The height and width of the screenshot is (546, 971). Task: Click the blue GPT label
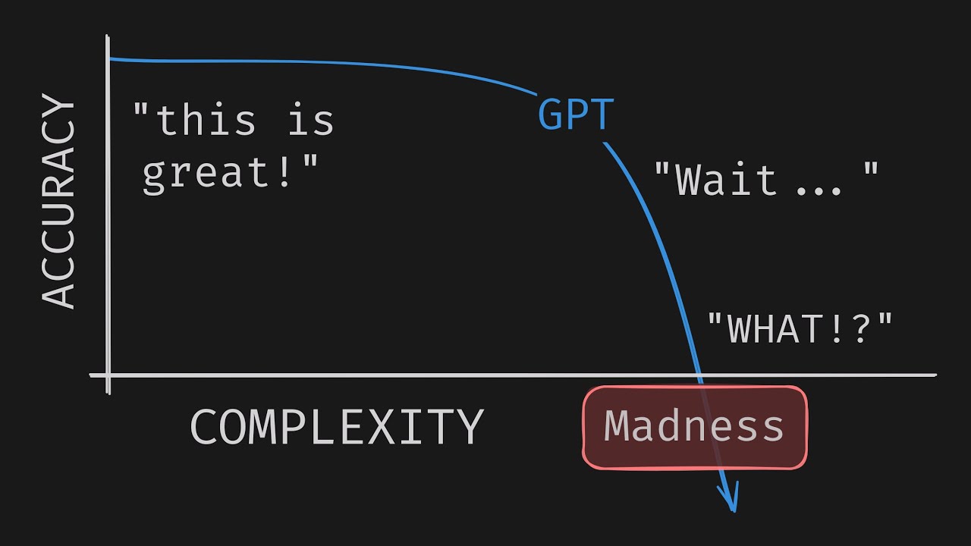[x=576, y=114]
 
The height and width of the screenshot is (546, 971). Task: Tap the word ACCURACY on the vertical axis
[x=58, y=201]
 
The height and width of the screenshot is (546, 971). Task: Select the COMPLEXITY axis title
[x=337, y=427]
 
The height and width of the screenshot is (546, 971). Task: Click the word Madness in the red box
[x=694, y=426]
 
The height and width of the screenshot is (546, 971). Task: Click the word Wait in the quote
[x=726, y=180]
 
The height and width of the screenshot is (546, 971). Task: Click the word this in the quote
[x=206, y=119]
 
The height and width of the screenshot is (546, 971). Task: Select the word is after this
[x=311, y=119]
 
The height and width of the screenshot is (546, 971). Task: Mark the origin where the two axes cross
[x=108, y=375]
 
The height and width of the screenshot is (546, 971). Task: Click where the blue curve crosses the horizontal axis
[x=699, y=375]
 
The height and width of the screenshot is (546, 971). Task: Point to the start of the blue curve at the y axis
[x=110, y=58]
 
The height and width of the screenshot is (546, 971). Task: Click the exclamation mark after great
[x=284, y=171]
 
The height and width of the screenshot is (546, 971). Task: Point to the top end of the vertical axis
[x=108, y=36]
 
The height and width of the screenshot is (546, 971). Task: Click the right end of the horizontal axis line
[x=936, y=375]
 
